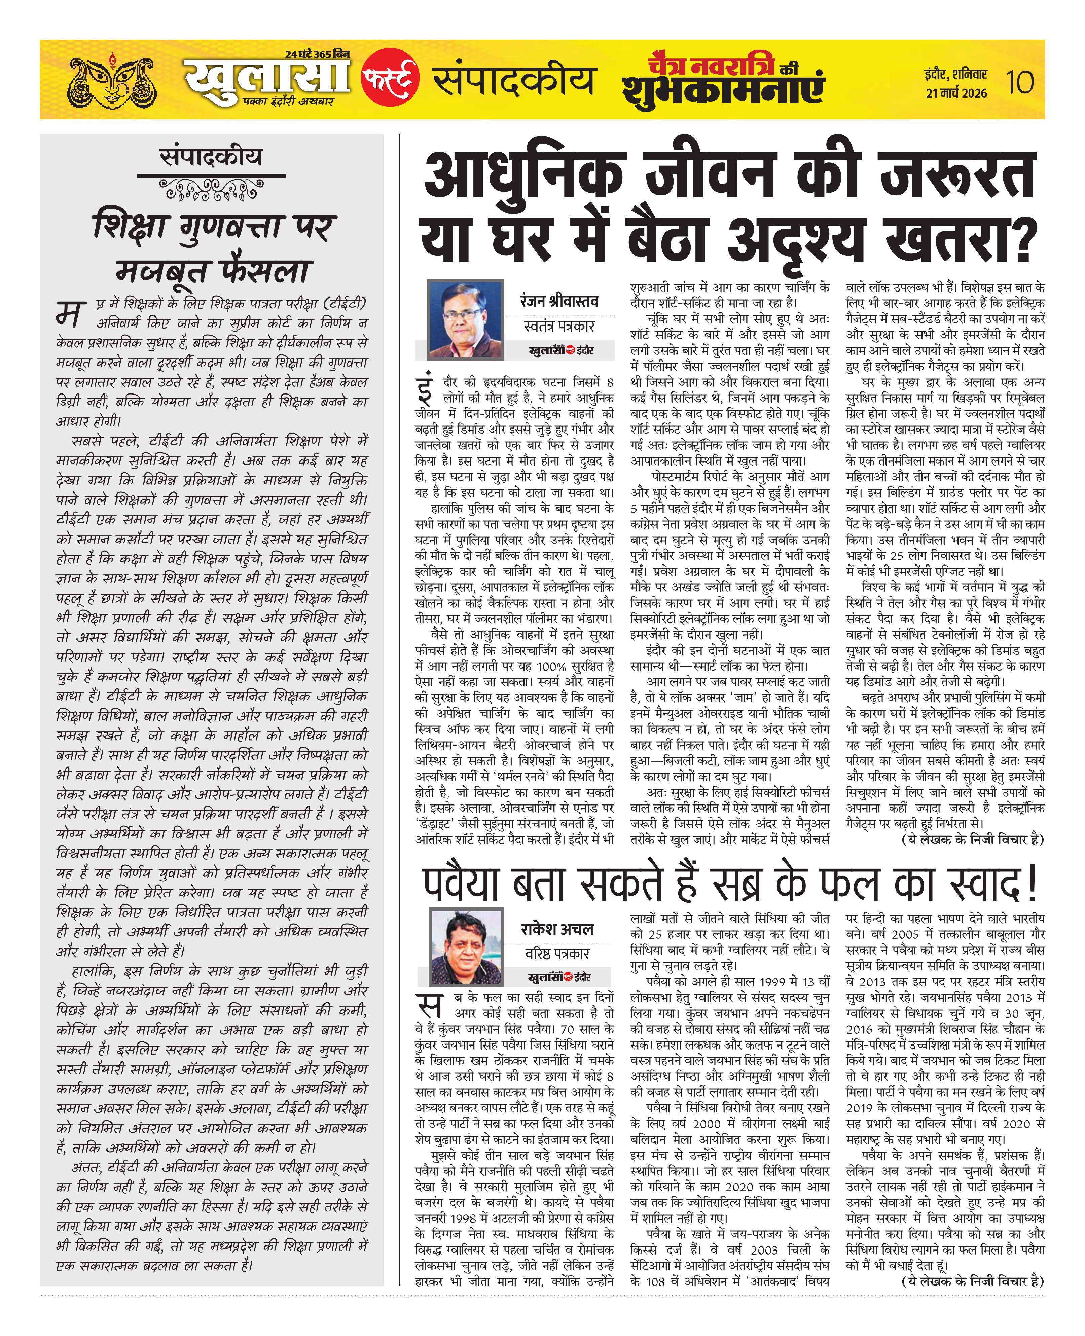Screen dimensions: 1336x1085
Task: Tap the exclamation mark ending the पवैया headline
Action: coord(1030,883)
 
